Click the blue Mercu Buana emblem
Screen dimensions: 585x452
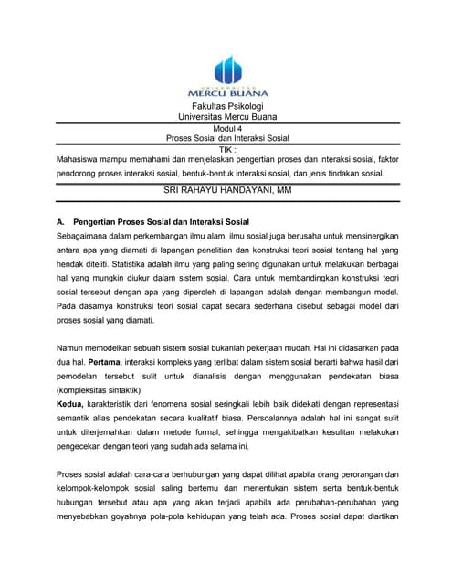click(x=227, y=70)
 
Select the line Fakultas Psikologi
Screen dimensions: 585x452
click(x=227, y=107)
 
